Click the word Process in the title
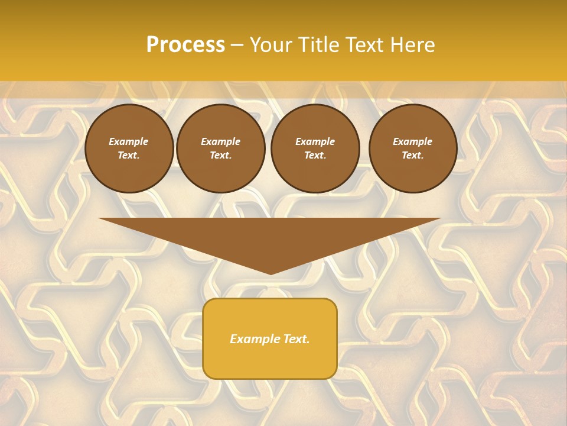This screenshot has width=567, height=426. [x=185, y=45]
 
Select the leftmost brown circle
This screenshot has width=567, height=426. [x=129, y=148]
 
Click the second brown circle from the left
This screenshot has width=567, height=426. [x=220, y=148]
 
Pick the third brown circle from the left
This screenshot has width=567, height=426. [x=315, y=148]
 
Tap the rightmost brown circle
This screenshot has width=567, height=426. [x=412, y=148]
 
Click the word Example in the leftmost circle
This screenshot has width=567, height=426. [x=129, y=141]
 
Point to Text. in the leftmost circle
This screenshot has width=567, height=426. [x=129, y=155]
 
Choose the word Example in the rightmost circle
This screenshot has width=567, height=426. [x=412, y=141]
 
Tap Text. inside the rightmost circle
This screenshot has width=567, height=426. [x=412, y=155]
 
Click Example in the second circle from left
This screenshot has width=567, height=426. [x=220, y=141]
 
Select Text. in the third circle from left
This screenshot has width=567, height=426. [x=315, y=155]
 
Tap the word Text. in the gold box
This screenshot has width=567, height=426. [x=295, y=339]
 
